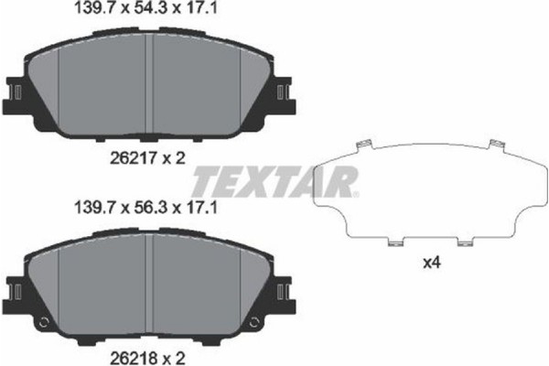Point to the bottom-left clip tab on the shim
click(x=394, y=243)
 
